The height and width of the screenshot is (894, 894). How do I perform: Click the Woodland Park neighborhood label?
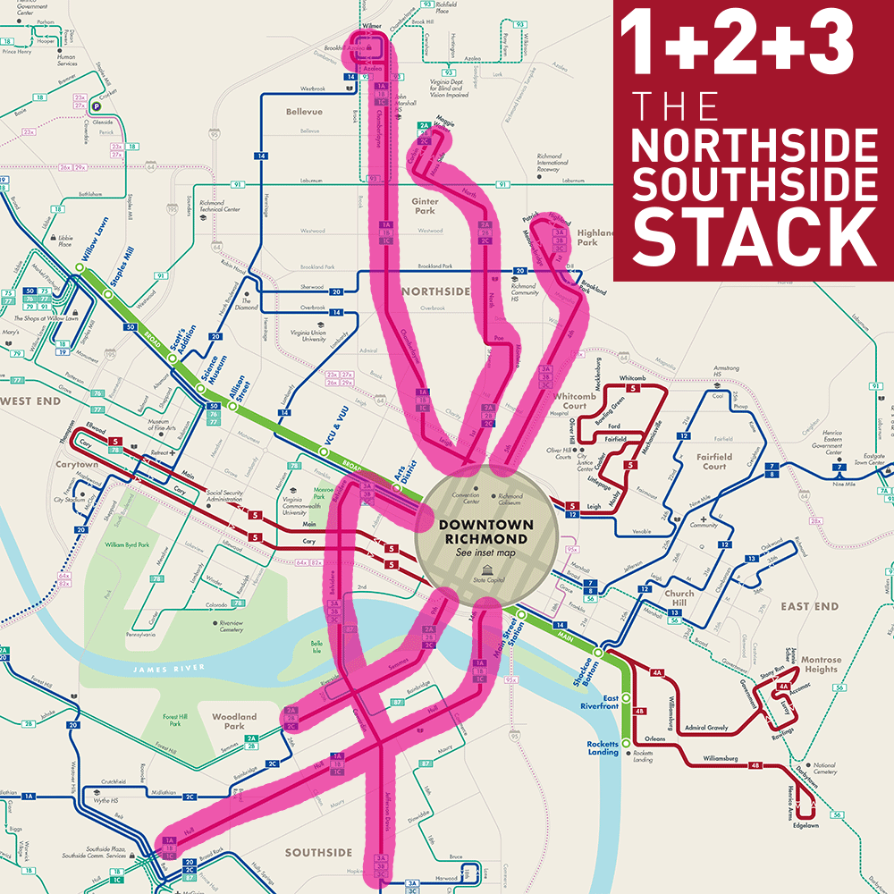[x=234, y=721]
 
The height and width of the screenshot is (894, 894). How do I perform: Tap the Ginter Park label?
[x=425, y=207]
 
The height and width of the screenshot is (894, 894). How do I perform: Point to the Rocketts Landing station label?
[x=603, y=748]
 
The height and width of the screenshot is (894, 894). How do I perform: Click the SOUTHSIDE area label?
[x=318, y=853]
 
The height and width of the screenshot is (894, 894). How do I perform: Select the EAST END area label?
[x=809, y=606]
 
